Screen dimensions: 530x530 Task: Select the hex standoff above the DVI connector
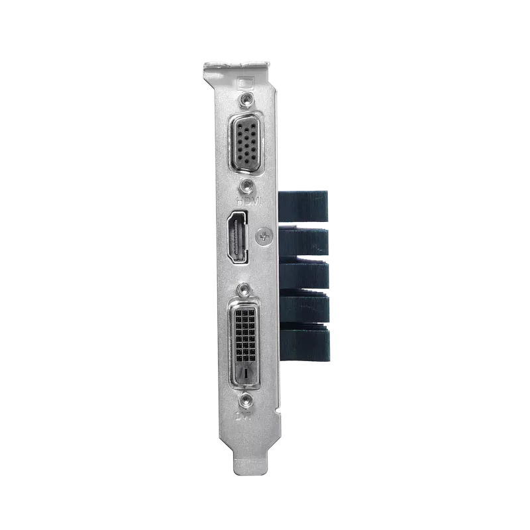[247, 290]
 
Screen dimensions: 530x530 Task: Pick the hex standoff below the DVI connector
[247, 400]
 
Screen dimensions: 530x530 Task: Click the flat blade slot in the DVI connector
[246, 374]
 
